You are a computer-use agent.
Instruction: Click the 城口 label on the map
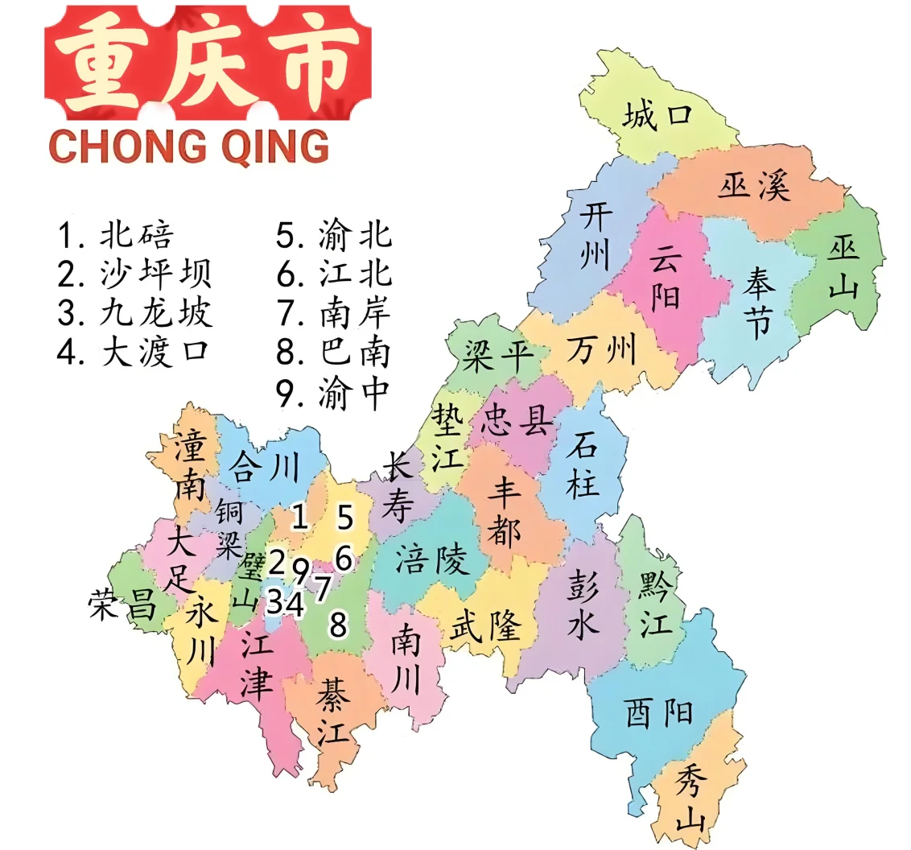coord(657,118)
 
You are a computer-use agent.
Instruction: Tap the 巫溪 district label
coord(754,188)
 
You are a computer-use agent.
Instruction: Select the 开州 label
coord(596,237)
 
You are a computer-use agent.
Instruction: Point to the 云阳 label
coord(665,278)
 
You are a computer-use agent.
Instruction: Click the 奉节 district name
coord(756,303)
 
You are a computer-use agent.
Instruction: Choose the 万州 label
coord(601,350)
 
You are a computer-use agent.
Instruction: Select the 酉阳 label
coord(658,712)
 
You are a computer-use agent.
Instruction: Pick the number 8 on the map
coord(339,624)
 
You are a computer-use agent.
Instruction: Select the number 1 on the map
coord(299,517)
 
